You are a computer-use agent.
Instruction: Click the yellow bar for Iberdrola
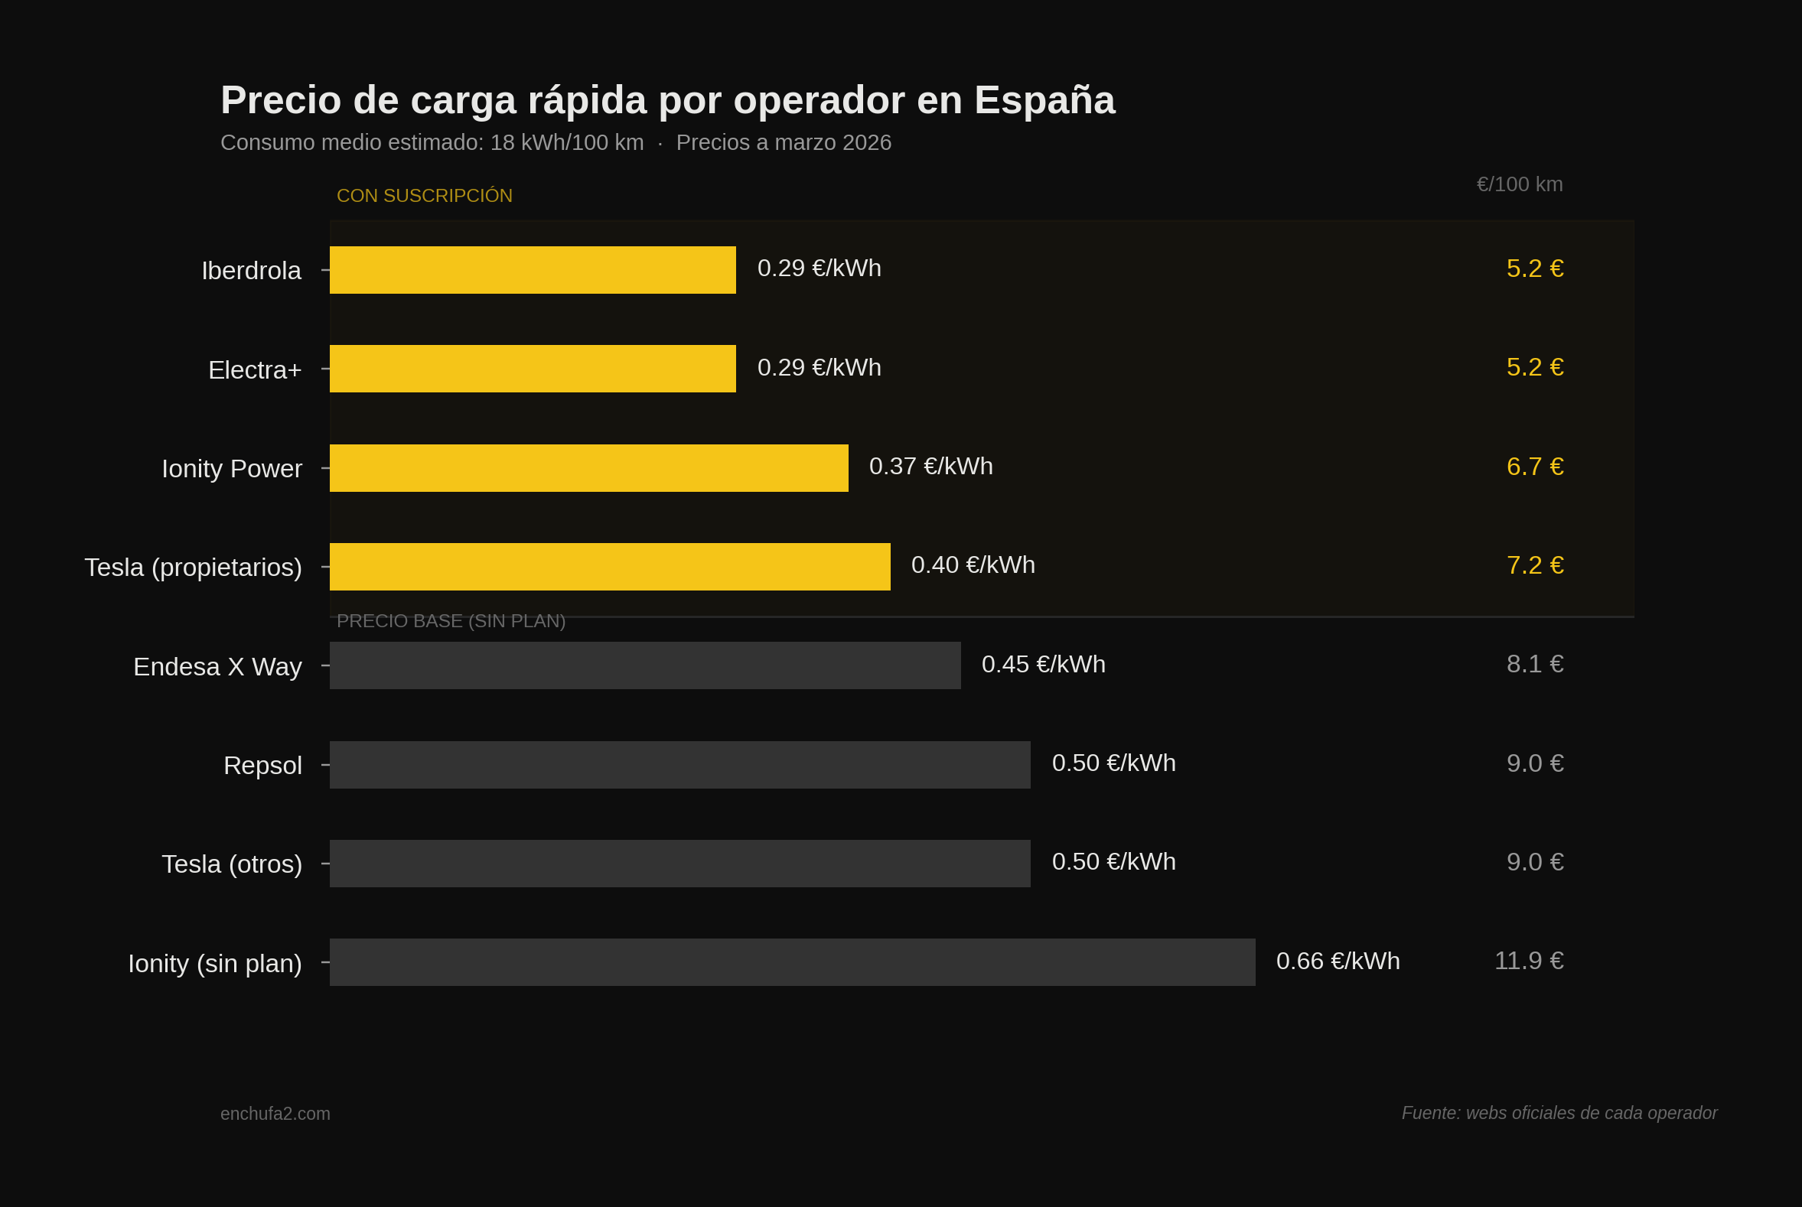[532, 270]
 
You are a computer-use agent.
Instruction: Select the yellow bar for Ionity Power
[588, 468]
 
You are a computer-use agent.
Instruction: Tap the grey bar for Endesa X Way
[644, 666]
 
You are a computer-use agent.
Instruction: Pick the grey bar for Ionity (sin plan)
[792, 962]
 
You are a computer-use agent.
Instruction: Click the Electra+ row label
[254, 370]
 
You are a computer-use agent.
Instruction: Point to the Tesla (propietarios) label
[193, 568]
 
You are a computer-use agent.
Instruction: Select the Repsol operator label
[262, 765]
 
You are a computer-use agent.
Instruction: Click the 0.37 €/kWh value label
[930, 467]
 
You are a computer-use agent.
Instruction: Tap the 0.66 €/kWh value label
[1337, 961]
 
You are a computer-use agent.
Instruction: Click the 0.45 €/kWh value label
[1043, 665]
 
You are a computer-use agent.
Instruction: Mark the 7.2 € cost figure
[1534, 566]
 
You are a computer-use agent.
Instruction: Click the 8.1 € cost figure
[1534, 665]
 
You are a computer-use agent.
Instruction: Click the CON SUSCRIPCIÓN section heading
[425, 197]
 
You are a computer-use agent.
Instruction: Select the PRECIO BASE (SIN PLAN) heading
[451, 621]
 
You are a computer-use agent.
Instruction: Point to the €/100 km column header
[1519, 185]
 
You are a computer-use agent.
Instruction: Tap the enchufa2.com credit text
[275, 1114]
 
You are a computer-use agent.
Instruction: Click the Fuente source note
[1559, 1113]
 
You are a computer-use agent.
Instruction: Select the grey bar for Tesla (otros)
[679, 864]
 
